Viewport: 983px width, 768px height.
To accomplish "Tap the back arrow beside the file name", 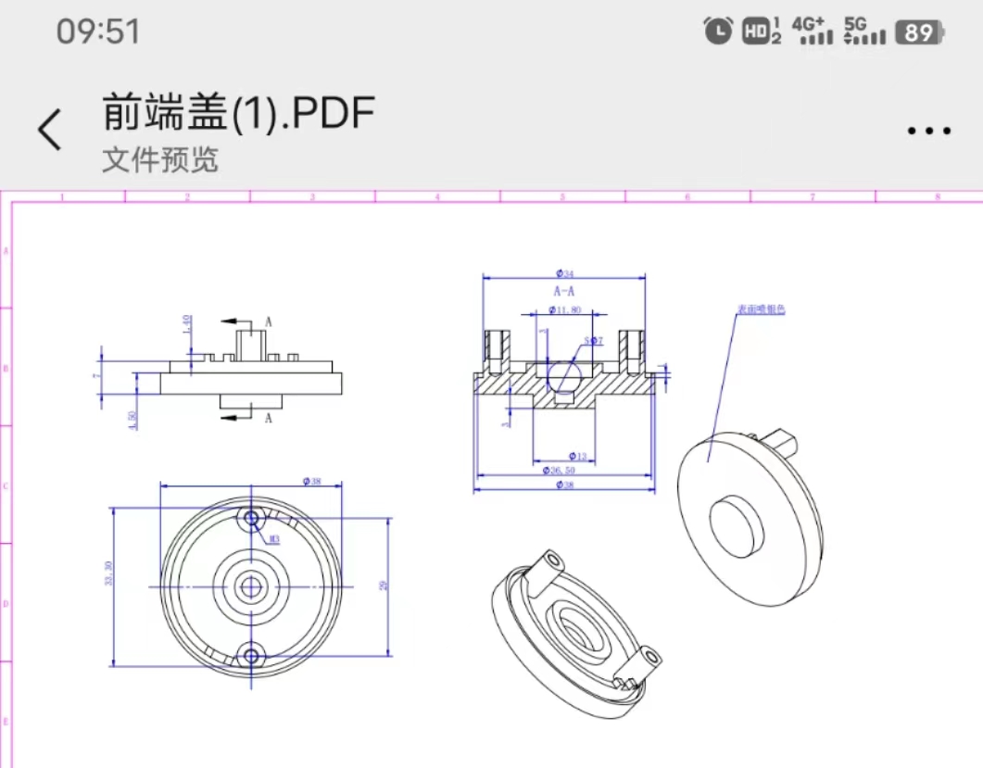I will coord(50,129).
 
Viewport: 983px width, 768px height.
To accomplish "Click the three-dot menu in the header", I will coord(928,131).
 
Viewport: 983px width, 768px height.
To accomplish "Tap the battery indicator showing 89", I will coord(919,33).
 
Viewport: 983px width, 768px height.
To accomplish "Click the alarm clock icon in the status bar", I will coord(718,31).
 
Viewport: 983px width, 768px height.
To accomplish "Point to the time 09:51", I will coord(98,31).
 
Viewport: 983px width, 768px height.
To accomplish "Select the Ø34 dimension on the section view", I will coord(564,272).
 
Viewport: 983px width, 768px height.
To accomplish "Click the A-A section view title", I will coord(564,291).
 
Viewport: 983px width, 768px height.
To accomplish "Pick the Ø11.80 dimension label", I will coord(564,310).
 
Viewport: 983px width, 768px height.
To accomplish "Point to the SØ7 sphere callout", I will coord(594,341).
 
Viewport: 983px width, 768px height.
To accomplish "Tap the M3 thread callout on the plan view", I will coord(274,538).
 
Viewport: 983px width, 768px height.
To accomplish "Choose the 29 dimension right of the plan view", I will coord(384,585).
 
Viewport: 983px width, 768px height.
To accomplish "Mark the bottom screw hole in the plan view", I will coord(250,656).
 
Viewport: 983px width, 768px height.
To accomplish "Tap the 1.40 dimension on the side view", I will coord(186,323).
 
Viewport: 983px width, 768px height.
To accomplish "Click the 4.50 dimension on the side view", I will coord(134,421).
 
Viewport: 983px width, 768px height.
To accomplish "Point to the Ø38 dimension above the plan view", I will coord(311,481).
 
